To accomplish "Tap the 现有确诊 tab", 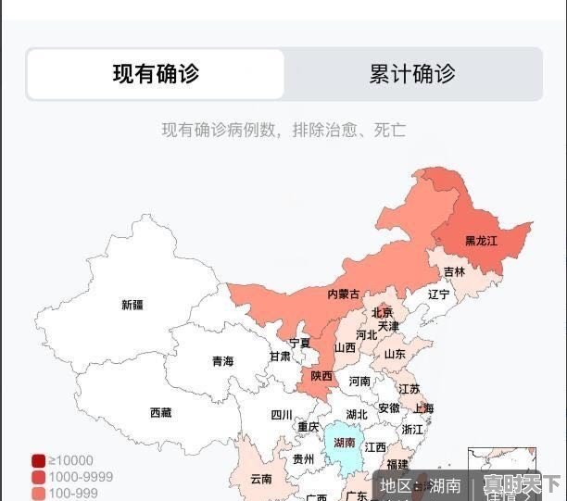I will coord(156,74).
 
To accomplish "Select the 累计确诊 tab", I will coord(412,74).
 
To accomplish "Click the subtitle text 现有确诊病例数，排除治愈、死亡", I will coord(283,130).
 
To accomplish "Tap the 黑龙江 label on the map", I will coord(481,241).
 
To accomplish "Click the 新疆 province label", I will coord(132,305).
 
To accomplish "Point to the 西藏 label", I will coord(160,413).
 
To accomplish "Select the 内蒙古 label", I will coord(344,294).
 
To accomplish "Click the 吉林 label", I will coord(454,272).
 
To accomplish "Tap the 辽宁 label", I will coord(438,294).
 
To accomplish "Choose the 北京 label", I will coord(382,312).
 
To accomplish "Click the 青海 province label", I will coord(222,361).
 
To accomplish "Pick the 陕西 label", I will coord(321,376).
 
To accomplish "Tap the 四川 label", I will coord(282,415).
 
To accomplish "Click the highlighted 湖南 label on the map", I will coord(345,443).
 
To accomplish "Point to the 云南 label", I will coord(261,480).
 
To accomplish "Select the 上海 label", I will coord(423,408).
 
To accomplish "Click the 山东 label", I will coord(395,354).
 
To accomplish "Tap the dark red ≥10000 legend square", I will coord(38,460).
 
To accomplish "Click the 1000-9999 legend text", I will coord(81,477).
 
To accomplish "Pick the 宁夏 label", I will coord(299,343).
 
